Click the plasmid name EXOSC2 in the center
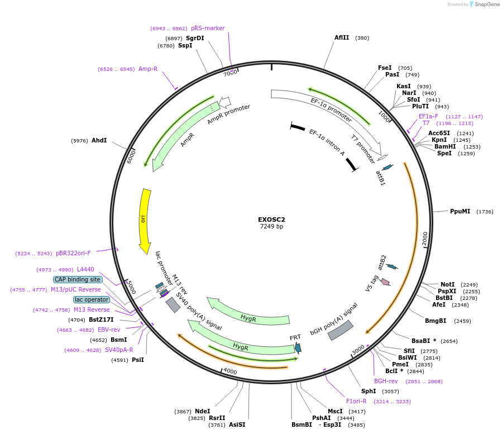coord(271,220)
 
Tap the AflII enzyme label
coord(342,38)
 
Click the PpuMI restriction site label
coord(460,212)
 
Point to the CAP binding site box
coord(78,279)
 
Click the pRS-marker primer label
coord(204,28)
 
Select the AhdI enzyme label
coord(99,141)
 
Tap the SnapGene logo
coord(484,4)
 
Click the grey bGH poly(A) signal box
coord(340,330)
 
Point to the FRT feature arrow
coord(298,347)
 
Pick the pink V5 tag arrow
coord(385,282)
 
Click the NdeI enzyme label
coord(203,411)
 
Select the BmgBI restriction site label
coord(436,321)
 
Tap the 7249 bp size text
coord(271,227)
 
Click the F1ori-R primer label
coord(356,401)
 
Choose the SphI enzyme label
coord(369,392)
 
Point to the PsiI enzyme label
coord(137,360)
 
